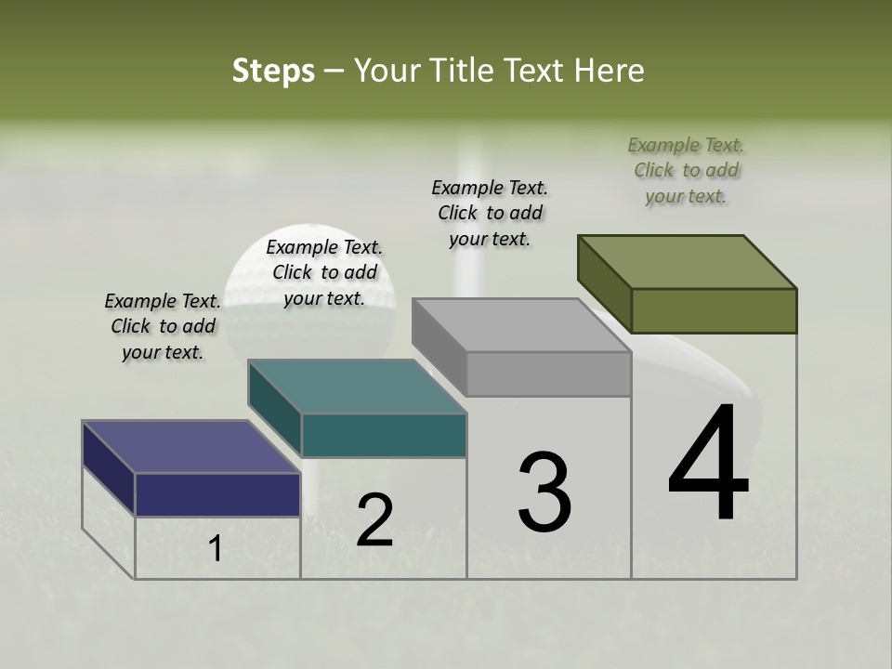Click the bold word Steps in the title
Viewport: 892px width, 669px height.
(273, 71)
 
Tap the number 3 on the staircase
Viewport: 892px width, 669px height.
(544, 492)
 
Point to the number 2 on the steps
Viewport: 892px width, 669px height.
(374, 520)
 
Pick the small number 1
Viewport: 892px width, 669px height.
(216, 549)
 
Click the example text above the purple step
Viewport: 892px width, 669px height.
(163, 326)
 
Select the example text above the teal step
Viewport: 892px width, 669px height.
(324, 272)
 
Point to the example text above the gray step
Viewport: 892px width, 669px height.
(490, 213)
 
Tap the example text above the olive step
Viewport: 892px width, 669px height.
(686, 170)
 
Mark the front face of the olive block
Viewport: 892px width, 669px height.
(714, 310)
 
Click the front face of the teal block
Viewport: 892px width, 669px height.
(384, 435)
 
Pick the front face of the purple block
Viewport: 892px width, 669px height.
(217, 494)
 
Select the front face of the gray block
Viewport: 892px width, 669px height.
(548, 374)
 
